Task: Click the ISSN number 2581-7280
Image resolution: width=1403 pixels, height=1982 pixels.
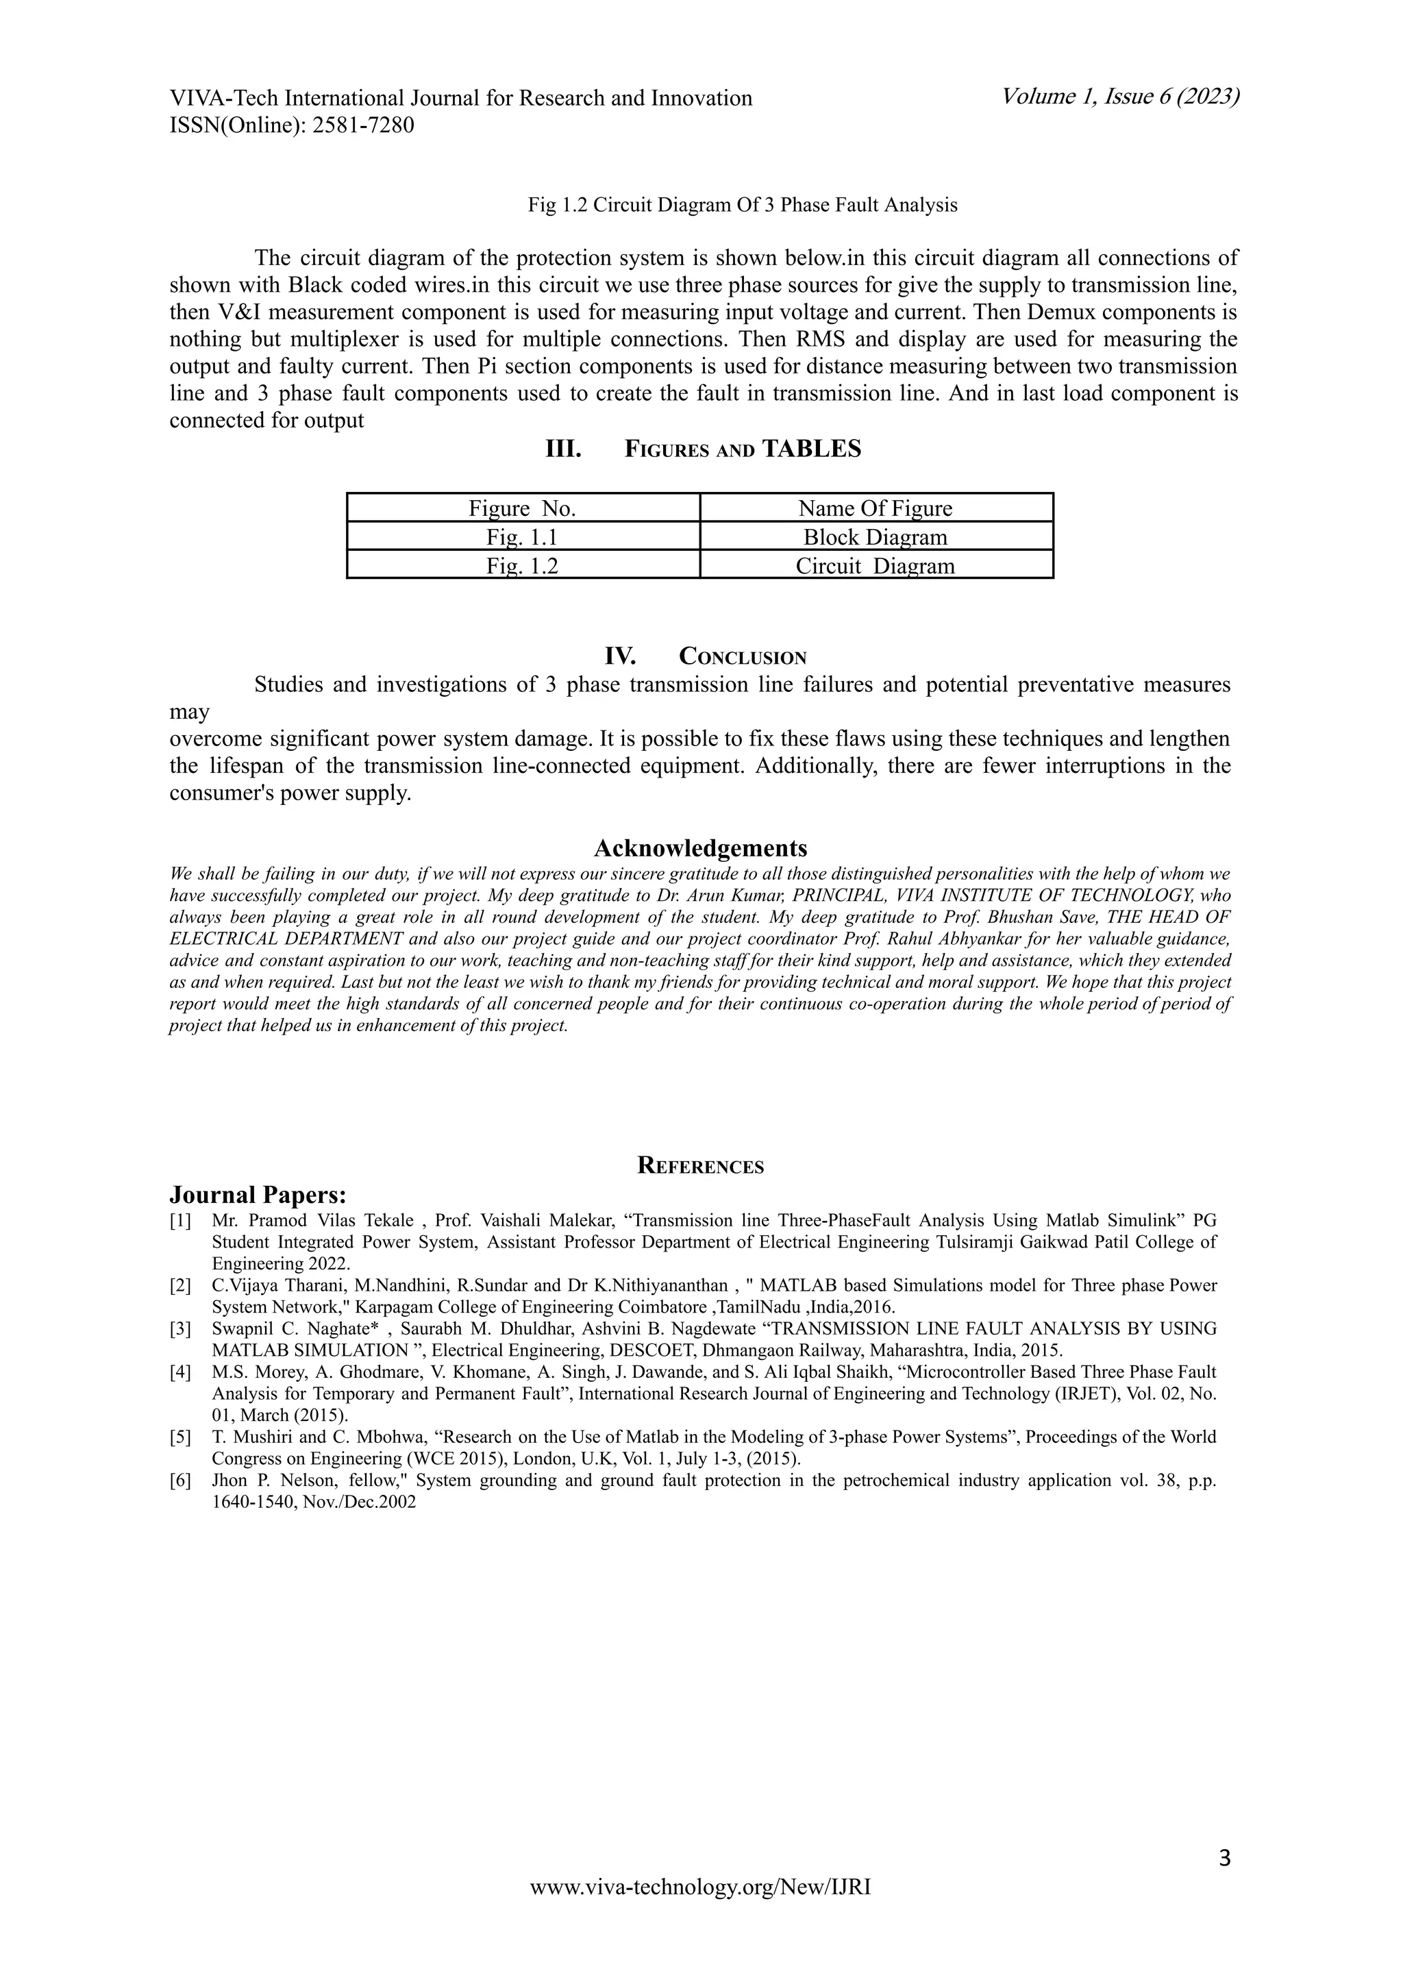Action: [x=363, y=126]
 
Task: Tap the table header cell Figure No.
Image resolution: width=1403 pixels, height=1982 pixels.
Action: [x=522, y=508]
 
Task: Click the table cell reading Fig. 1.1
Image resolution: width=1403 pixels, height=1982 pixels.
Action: [x=522, y=537]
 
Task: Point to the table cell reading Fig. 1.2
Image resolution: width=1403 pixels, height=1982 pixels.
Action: [x=522, y=566]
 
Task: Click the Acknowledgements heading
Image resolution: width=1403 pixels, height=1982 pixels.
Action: [x=701, y=847]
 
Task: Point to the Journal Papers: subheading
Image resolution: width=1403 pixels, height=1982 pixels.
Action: [x=258, y=1195]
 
